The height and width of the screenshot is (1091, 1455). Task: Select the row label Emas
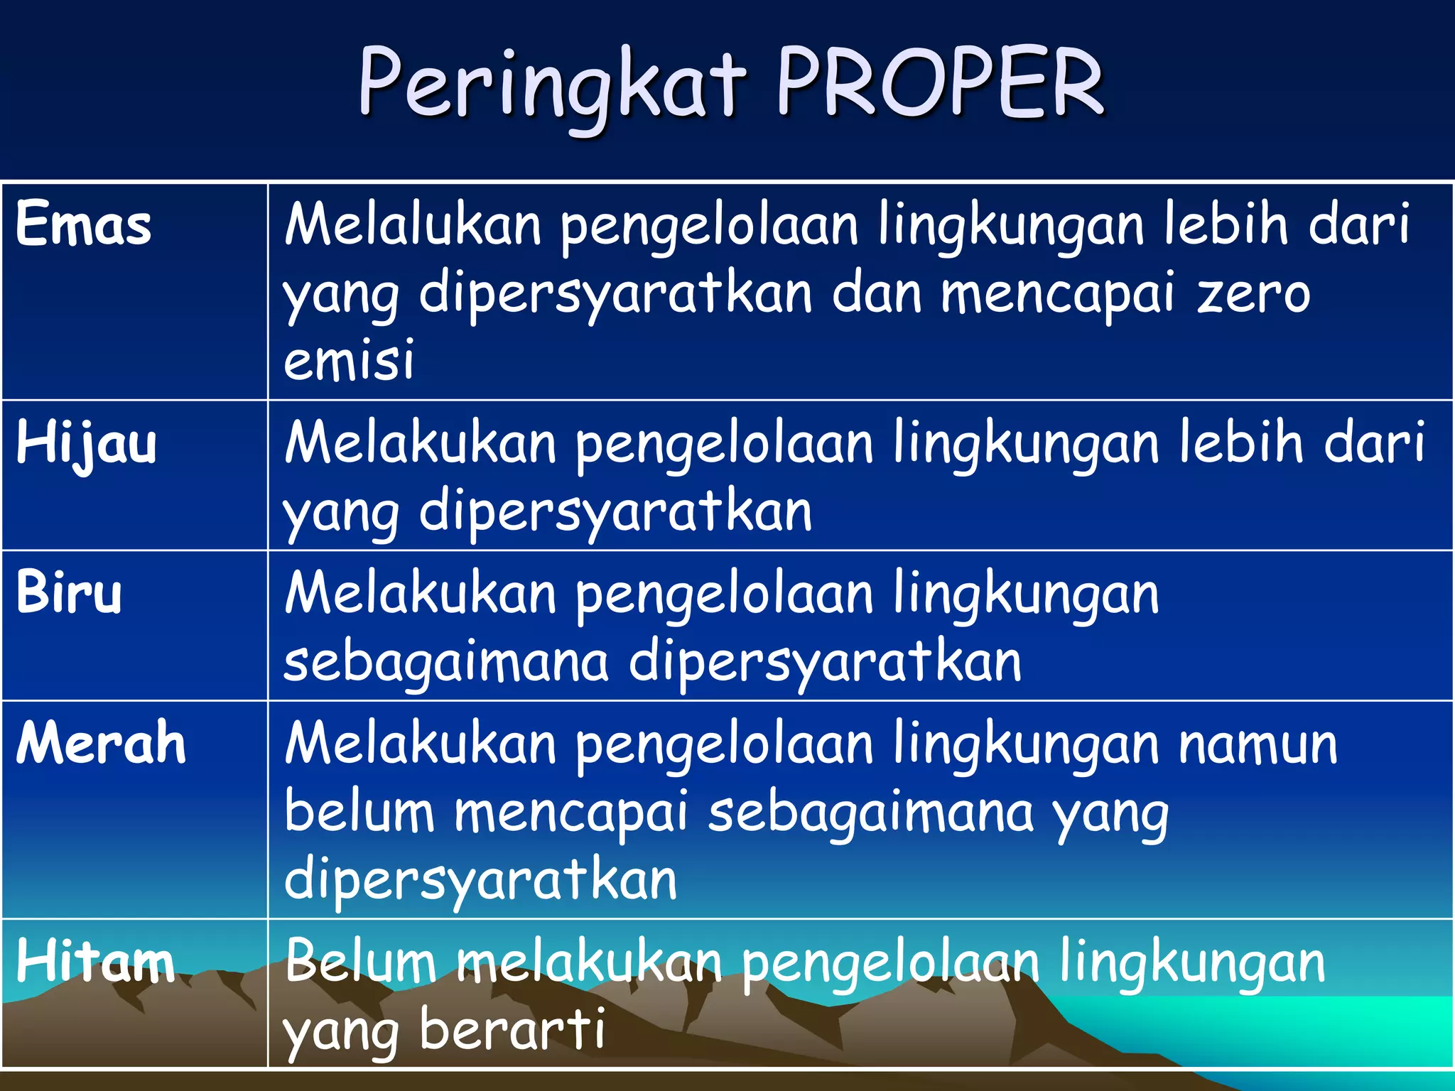click(84, 224)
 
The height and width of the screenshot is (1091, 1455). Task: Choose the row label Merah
click(101, 743)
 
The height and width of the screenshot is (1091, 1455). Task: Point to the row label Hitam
click(95, 961)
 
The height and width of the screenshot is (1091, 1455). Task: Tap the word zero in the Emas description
click(1253, 293)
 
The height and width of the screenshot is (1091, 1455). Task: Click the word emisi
click(348, 359)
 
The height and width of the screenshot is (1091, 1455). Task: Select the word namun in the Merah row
click(1257, 744)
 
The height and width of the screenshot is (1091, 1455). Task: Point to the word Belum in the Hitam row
click(360, 961)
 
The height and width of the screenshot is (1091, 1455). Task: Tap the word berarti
click(512, 1028)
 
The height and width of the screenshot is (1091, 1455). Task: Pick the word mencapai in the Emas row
click(1057, 293)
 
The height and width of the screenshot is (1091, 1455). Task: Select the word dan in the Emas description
click(877, 293)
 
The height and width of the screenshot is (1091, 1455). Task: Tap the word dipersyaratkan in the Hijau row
click(615, 511)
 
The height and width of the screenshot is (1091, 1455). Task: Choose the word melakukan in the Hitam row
click(589, 961)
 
